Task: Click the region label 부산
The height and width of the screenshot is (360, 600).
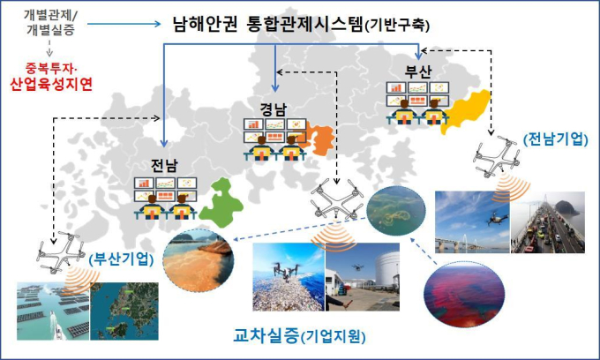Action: point(418,71)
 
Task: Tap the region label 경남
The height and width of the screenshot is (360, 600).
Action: point(274,109)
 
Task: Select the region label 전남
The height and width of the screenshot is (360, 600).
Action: point(164,166)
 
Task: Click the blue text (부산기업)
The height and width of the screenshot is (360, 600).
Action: point(121,259)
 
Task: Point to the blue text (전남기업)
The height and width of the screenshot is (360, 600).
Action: point(555,139)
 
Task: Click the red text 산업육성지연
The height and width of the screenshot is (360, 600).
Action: point(51,84)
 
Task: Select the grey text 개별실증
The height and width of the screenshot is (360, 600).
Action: point(50,30)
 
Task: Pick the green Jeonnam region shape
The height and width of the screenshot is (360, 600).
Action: point(221,204)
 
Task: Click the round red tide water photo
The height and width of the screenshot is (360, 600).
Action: point(464,294)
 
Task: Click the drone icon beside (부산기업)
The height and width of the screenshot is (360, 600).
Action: point(61,251)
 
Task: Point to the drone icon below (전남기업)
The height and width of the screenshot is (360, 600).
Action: point(496,156)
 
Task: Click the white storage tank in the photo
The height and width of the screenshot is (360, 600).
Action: point(386,268)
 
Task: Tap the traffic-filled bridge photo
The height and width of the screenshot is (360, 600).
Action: point(548,222)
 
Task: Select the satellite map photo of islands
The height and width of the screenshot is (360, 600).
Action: point(124,311)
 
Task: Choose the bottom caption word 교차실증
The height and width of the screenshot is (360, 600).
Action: point(266,335)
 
